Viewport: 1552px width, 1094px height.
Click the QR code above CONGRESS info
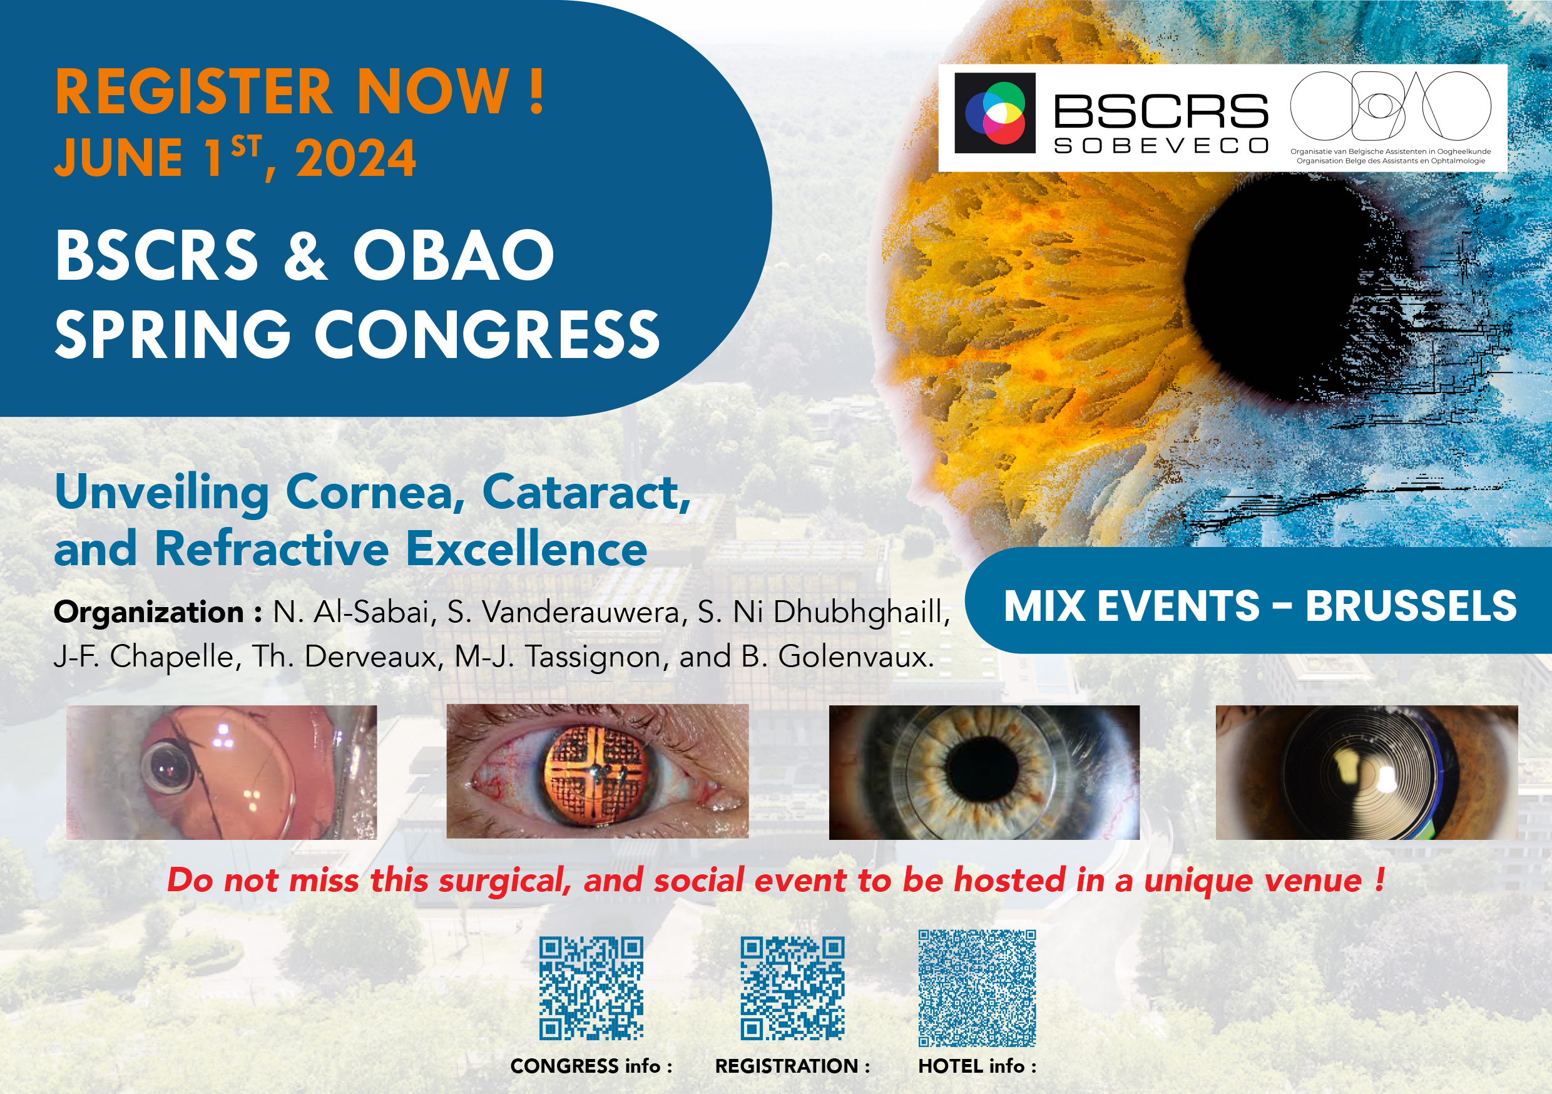click(591, 988)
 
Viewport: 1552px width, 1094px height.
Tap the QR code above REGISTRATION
click(792, 988)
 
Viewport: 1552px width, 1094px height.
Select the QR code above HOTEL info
click(977, 988)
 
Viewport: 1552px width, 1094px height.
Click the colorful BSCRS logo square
click(994, 113)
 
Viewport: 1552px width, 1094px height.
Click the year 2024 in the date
click(355, 158)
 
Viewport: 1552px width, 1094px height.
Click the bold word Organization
click(149, 613)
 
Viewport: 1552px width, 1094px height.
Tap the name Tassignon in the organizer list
click(594, 656)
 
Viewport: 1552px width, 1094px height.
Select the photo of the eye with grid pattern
click(598, 772)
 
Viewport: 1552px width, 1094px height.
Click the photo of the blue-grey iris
click(984, 772)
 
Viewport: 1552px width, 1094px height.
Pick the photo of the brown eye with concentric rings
click(1367, 772)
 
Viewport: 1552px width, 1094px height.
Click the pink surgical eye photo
click(222, 772)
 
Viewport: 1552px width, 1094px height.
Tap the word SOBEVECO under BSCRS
click(1161, 145)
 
